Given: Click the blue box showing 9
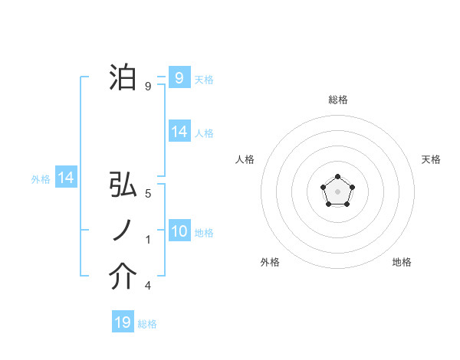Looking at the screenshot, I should click(179, 77).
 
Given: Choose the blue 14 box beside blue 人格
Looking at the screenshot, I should click(179, 132).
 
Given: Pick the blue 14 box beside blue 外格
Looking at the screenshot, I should click(66, 178).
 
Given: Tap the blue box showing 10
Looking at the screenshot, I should click(179, 231).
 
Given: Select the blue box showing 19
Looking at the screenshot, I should click(123, 322).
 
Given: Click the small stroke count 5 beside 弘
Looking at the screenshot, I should click(148, 195).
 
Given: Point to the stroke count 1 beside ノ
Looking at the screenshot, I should click(148, 240).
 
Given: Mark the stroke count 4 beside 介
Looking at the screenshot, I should click(148, 286).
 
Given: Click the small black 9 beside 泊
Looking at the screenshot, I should click(148, 86).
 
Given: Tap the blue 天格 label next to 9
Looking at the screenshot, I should click(204, 79).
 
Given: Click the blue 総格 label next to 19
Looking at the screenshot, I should click(147, 324).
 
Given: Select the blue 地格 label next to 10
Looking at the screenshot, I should click(204, 233).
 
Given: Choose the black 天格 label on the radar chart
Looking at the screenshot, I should click(432, 159).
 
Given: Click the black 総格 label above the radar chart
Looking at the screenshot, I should click(337, 100).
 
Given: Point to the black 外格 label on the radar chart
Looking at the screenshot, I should click(270, 262).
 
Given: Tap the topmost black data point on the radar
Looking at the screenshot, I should click(337, 178).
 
